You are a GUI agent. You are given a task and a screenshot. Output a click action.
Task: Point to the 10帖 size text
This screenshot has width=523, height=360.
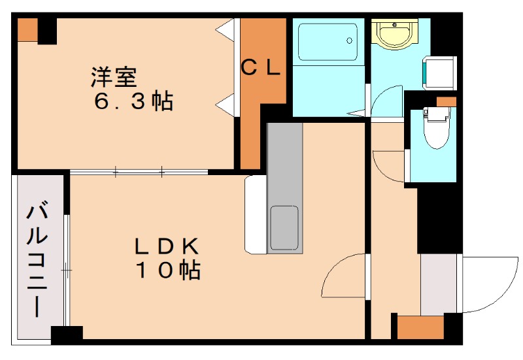pyautogui.click(x=168, y=269)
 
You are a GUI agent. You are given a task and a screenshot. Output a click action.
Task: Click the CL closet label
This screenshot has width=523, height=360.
pyautogui.click(x=261, y=67)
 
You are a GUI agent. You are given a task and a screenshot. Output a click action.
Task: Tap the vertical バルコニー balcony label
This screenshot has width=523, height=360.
pyautogui.click(x=38, y=260)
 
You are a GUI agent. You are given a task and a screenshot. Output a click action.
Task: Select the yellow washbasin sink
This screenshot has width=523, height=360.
pyautogui.click(x=394, y=34)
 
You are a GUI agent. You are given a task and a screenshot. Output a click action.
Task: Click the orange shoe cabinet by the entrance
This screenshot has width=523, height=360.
pyautogui.click(x=420, y=326)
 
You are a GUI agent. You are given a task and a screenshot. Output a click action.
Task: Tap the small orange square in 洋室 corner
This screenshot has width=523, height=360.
pyautogui.click(x=27, y=29)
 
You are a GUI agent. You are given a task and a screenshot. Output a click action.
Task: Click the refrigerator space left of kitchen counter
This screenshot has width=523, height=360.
pyautogui.click(x=255, y=214)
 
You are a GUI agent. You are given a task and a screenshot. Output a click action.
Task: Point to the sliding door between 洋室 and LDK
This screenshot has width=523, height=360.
pyautogui.click(x=139, y=172)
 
